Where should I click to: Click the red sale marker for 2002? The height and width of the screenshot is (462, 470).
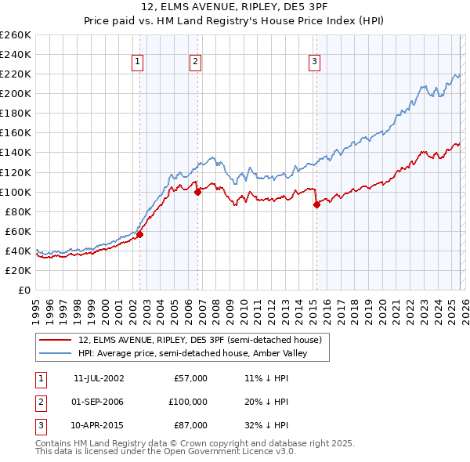tap(139, 233)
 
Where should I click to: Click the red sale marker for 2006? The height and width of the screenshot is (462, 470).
tap(197, 191)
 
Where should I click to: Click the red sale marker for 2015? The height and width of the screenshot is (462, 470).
tap(316, 204)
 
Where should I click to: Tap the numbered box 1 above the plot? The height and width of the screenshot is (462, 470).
tap(138, 62)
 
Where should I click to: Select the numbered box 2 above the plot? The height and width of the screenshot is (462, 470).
tap(195, 62)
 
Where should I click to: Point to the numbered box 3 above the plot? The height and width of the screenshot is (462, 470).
tap(314, 62)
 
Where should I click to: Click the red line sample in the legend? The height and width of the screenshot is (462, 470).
tap(56, 340)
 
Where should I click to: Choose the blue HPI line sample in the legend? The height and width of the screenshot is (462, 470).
tap(56, 354)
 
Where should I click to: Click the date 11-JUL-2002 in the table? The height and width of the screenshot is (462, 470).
tap(98, 378)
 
